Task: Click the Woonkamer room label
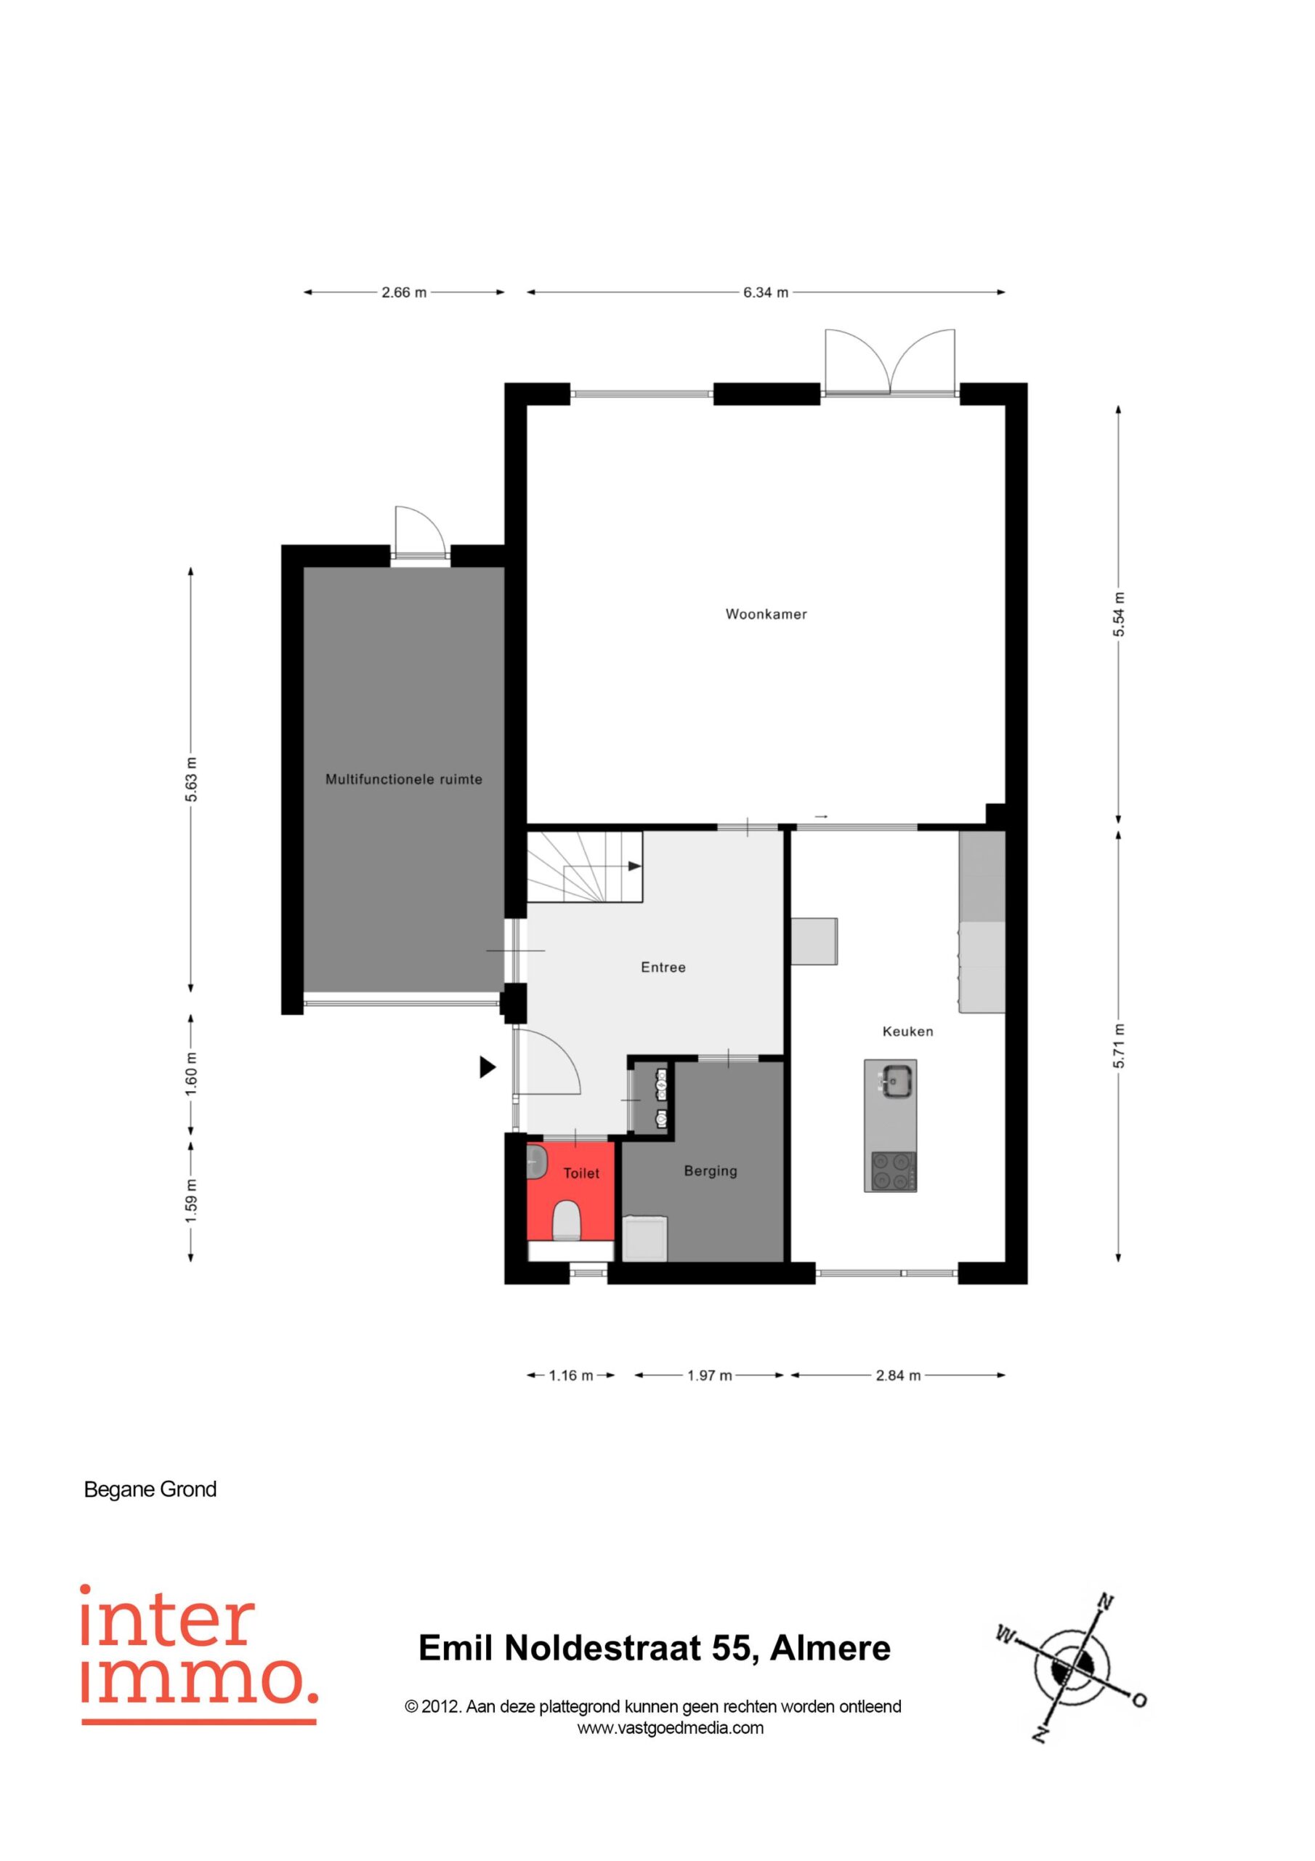pyautogui.click(x=766, y=614)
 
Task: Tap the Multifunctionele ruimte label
pyautogui.click(x=403, y=780)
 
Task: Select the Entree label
pyautogui.click(x=663, y=967)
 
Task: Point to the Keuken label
pyautogui.click(x=907, y=1031)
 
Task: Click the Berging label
pyautogui.click(x=711, y=1171)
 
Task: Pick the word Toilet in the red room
pyautogui.click(x=581, y=1173)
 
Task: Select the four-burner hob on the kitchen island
pyautogui.click(x=894, y=1171)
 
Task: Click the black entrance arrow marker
pyautogui.click(x=487, y=1067)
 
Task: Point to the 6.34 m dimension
pyautogui.click(x=766, y=293)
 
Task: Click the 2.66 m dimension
pyautogui.click(x=403, y=293)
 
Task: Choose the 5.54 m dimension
pyautogui.click(x=1118, y=614)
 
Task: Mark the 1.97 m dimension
pyautogui.click(x=709, y=1375)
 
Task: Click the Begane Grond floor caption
pyautogui.click(x=150, y=1490)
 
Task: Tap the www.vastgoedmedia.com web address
pyautogui.click(x=670, y=1728)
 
